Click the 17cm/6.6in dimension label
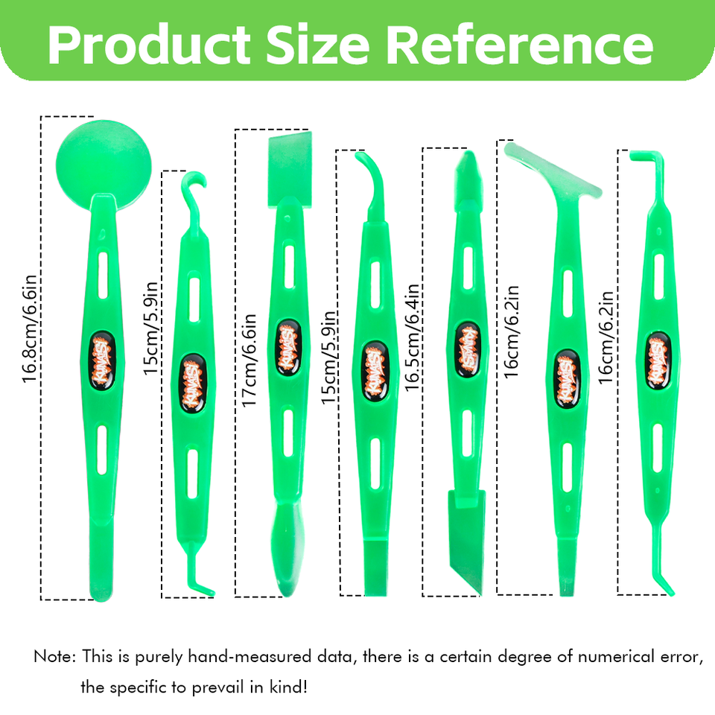click(250, 360)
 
